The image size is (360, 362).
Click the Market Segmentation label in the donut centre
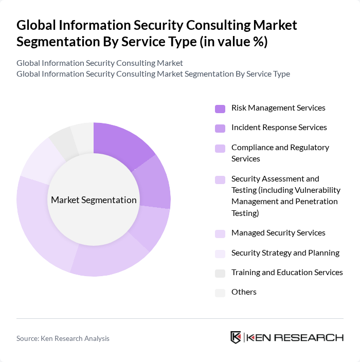pyautogui.click(x=94, y=200)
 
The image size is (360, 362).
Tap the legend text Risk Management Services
pyautogui.click(x=278, y=108)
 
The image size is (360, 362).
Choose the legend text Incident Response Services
pyautogui.click(x=279, y=128)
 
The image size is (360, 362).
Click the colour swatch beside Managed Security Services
pyautogui.click(x=220, y=234)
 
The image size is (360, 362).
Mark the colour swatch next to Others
pyautogui.click(x=220, y=293)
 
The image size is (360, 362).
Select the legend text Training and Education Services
pyautogui.click(x=287, y=273)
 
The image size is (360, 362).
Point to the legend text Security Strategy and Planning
pyautogui.click(x=285, y=252)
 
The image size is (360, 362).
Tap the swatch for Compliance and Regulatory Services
pyautogui.click(x=220, y=149)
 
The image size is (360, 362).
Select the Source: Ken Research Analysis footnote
pyautogui.click(x=63, y=338)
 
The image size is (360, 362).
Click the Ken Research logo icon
pyautogui.click(x=236, y=337)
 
